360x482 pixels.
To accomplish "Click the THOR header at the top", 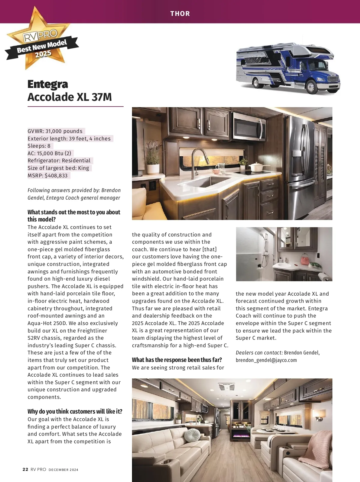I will pyautogui.click(x=180, y=14).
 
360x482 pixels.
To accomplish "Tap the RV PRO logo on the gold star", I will pyautogui.click(x=40, y=36).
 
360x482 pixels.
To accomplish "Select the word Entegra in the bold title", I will pyautogui.click(x=48, y=84).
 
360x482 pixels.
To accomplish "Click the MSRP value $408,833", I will pyautogui.click(x=56, y=176).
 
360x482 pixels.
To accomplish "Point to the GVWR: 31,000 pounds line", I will pyautogui.click(x=55, y=131).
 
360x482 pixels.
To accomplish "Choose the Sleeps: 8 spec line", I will pyautogui.click(x=39, y=146).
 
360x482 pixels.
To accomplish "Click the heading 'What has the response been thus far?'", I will pyautogui.click(x=177, y=360).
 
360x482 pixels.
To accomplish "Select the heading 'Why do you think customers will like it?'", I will pyautogui.click(x=75, y=411).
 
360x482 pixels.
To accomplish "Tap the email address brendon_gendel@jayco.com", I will pyautogui.click(x=266, y=360).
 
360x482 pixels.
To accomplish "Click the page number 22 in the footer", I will pyautogui.click(x=25, y=469).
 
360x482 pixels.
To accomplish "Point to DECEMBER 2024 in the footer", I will pyautogui.click(x=63, y=470).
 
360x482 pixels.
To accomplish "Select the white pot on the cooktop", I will pyautogui.click(x=256, y=167).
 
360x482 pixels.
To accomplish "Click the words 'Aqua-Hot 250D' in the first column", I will pyautogui.click(x=47, y=323).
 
